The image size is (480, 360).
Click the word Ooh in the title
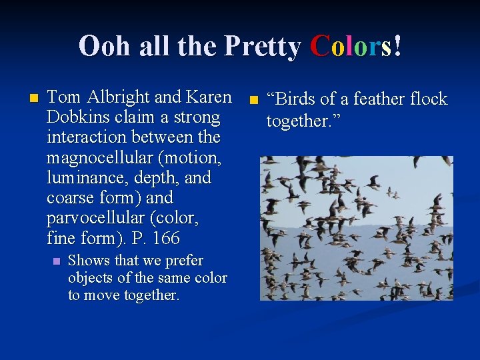104,47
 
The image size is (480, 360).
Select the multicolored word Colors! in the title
356,47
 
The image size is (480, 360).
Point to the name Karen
209,97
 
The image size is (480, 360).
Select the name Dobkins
75,117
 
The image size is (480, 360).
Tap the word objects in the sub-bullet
90,278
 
